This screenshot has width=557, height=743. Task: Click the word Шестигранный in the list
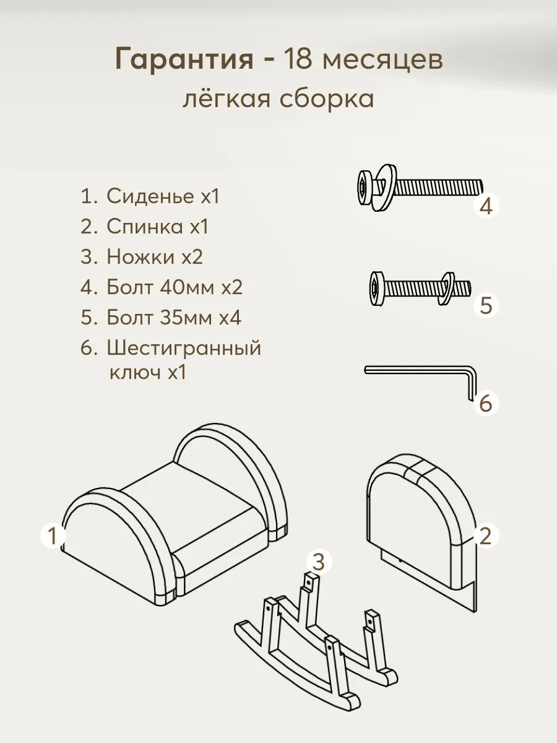(184, 348)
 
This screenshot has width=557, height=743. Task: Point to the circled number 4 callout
(486, 206)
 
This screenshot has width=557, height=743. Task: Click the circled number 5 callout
(486, 305)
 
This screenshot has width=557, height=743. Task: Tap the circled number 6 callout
(486, 404)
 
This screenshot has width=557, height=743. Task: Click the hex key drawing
(421, 371)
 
